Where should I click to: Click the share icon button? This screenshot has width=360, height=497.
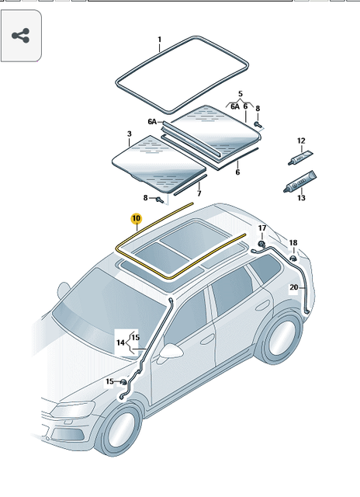(21, 36)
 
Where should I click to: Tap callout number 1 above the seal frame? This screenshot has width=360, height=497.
(160, 40)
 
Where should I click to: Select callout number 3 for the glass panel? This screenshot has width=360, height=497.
(129, 134)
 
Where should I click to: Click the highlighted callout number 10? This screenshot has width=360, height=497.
(136, 219)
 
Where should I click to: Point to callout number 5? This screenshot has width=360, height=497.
(241, 93)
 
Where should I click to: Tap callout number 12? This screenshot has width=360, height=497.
(301, 141)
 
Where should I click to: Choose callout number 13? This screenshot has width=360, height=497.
(301, 198)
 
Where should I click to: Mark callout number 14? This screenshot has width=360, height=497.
(120, 342)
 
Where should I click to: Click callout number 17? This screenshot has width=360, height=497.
(262, 228)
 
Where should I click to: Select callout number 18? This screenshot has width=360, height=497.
(293, 243)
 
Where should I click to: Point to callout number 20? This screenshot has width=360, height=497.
(293, 287)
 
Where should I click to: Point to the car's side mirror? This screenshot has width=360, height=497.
(172, 351)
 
